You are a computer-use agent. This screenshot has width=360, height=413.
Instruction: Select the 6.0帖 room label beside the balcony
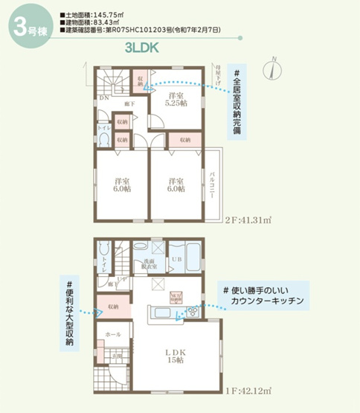176,185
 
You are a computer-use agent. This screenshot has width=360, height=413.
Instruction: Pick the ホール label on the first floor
113,335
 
